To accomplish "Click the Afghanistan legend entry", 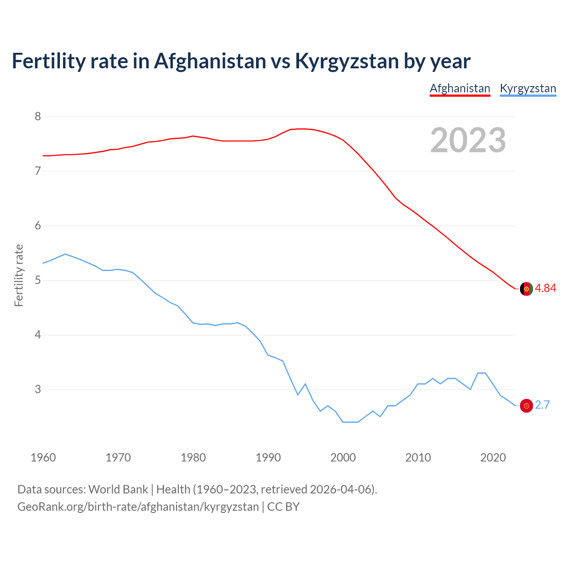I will tap(460, 88).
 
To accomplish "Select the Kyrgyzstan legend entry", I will tap(528, 88).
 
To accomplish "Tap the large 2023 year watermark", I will tap(468, 140).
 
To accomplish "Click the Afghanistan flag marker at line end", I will tap(526, 288).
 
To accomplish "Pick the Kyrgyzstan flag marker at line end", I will tap(526, 405).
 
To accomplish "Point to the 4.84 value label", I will tap(545, 288).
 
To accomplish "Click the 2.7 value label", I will tap(542, 405).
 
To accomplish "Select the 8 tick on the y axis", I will tap(38, 117).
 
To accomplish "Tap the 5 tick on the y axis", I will tap(38, 280).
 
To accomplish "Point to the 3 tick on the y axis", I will tap(38, 390).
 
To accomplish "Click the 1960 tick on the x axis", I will tap(43, 458).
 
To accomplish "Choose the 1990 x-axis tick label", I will tap(268, 458).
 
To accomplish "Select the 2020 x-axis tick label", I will tap(493, 458).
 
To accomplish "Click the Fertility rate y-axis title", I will tap(19, 275).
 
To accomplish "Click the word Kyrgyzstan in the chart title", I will tap(347, 61).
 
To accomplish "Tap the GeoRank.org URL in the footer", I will tap(138, 507).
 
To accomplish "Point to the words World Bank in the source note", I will tap(118, 489).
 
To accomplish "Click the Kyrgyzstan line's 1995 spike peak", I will tap(305, 384).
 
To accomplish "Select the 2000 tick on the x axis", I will tap(343, 458).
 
